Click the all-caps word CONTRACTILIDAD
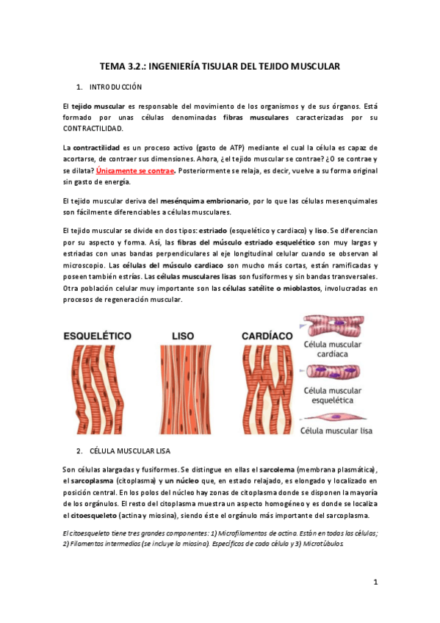click(94, 129)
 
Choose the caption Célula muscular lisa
click(335, 429)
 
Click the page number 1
click(375, 583)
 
